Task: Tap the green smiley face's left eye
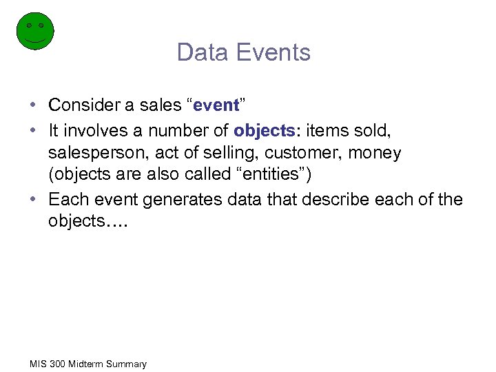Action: pyautogui.click(x=29, y=25)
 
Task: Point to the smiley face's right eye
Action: pyautogui.click(x=41, y=25)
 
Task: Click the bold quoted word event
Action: pyautogui.click(x=216, y=105)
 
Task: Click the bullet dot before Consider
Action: pyautogui.click(x=33, y=105)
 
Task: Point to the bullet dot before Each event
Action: pyautogui.click(x=33, y=199)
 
